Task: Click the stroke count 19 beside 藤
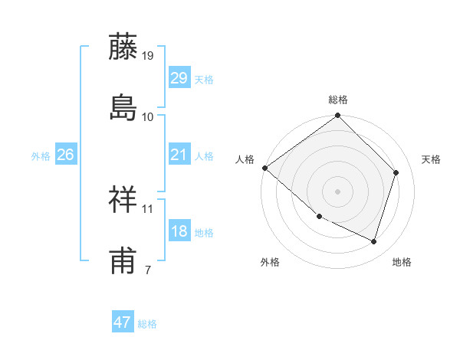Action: point(148,56)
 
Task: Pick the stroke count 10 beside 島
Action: point(148,116)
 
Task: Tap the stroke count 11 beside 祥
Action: point(148,208)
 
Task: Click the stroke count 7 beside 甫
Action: point(147,269)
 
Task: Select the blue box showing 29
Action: point(179,78)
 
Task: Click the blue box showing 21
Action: point(179,155)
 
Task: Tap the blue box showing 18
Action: point(179,231)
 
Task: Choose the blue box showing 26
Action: point(65,155)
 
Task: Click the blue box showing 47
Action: point(123,322)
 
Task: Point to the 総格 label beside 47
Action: point(147,324)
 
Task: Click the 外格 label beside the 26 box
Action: point(41,155)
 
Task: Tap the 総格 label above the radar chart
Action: point(338,100)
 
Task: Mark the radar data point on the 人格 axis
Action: point(265,168)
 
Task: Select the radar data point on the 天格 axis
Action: point(396,172)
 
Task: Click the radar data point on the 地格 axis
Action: point(374,241)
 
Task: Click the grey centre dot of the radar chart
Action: point(338,191)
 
